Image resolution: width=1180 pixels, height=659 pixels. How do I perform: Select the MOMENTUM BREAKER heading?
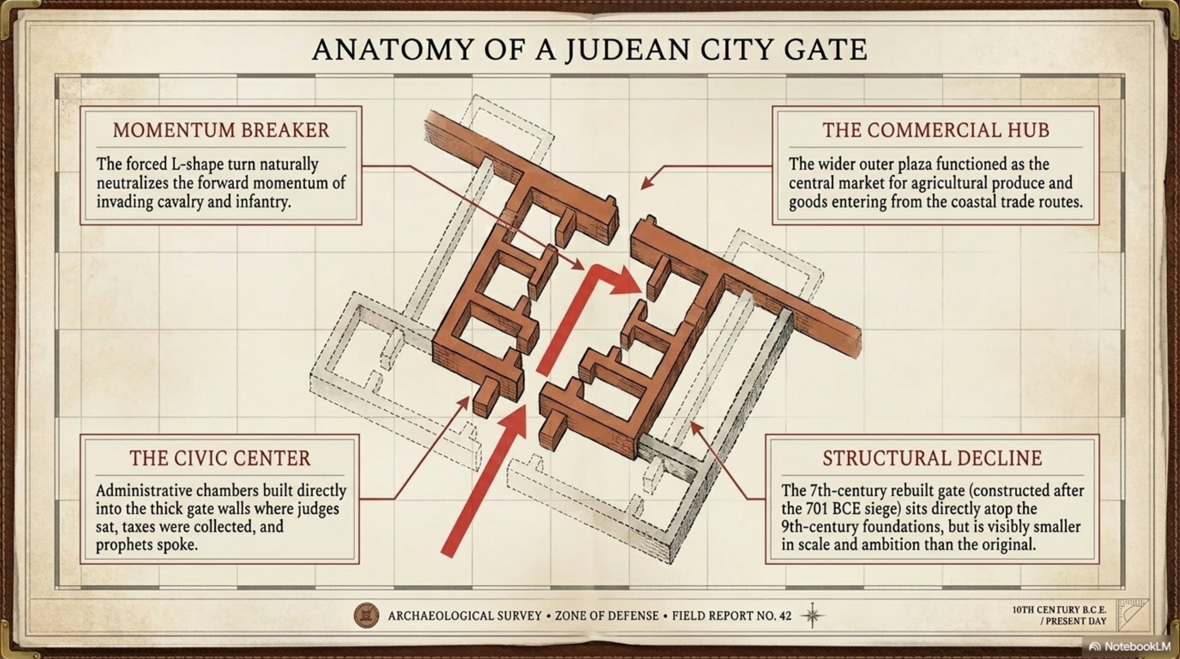pos(221,130)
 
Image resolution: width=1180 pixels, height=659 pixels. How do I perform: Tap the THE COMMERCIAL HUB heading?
pos(936,130)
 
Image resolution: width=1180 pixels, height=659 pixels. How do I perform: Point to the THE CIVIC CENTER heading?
pos(220,458)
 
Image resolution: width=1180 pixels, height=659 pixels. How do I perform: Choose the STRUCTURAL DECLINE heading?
pos(932,458)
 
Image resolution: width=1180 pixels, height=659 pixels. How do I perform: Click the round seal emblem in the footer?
pos(366,615)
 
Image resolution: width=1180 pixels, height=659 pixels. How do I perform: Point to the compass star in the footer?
pos(812,615)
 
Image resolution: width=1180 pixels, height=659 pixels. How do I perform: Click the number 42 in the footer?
pos(785,615)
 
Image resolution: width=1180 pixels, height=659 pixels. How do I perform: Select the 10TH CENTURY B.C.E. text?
pos(1059,610)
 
